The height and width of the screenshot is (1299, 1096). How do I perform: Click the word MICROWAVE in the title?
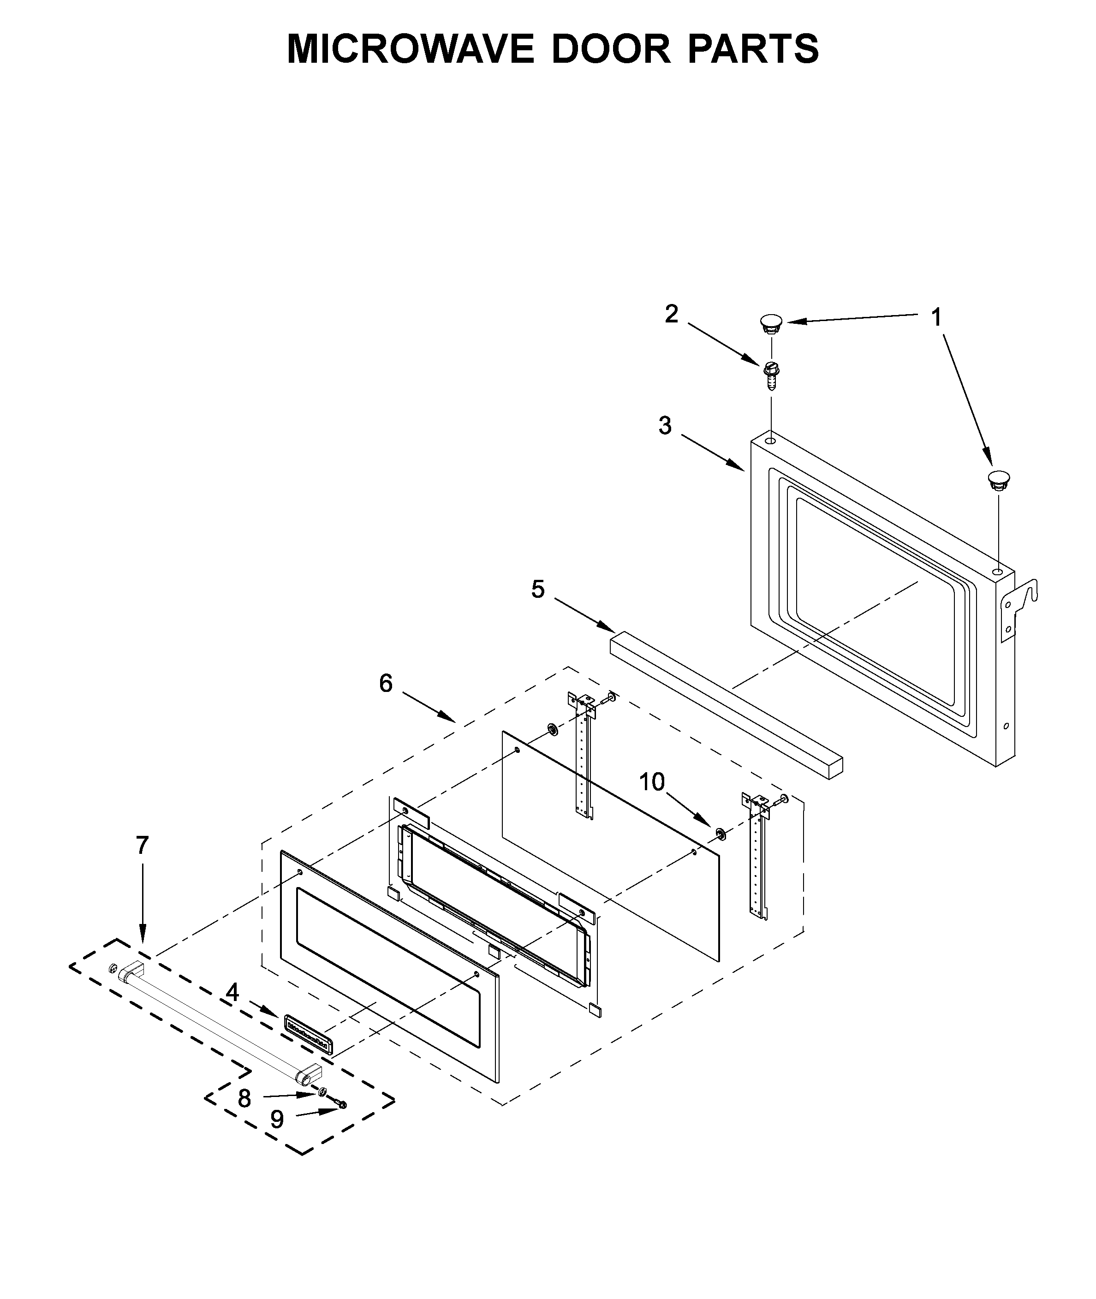point(410,48)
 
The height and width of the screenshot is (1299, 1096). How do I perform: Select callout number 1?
point(935,317)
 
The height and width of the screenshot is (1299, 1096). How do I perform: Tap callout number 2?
point(671,314)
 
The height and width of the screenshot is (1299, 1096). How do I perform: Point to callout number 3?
point(665,426)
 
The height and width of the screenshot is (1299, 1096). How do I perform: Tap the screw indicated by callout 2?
point(772,374)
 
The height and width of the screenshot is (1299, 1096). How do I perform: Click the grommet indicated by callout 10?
point(721,833)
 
